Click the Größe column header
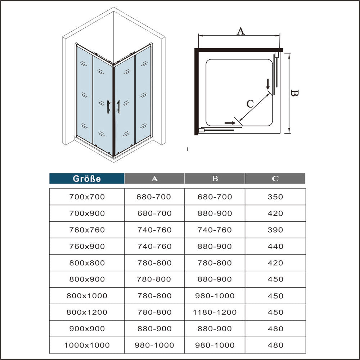(x=87, y=179)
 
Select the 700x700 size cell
(x=87, y=197)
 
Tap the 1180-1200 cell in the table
(x=215, y=312)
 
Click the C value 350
(x=275, y=197)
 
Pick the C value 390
(x=275, y=230)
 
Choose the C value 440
(x=275, y=247)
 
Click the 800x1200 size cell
(x=87, y=312)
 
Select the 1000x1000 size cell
(x=87, y=345)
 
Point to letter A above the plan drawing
(x=240, y=31)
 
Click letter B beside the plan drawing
(x=294, y=94)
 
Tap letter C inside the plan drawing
(x=250, y=104)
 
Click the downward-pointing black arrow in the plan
(x=267, y=85)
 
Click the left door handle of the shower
(x=108, y=107)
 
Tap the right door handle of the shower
(x=118, y=107)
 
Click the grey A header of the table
(x=154, y=179)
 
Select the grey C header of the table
(x=275, y=179)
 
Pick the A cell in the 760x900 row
(x=154, y=247)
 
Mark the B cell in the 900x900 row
(x=215, y=329)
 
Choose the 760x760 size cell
(x=87, y=230)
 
